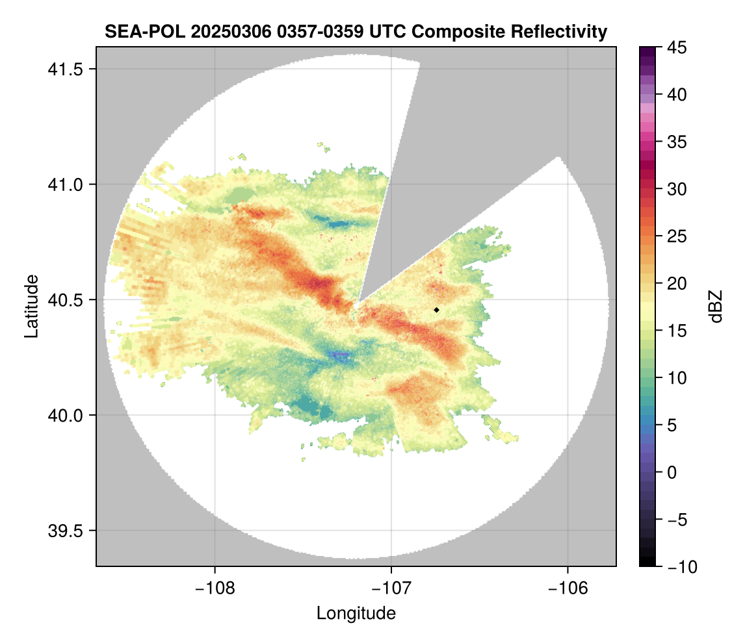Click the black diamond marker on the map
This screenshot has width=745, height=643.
[436, 310]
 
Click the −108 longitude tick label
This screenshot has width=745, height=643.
[214, 588]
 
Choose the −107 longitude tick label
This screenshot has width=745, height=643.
[391, 588]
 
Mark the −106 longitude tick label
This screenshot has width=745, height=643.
[568, 588]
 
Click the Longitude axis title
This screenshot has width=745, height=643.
[356, 612]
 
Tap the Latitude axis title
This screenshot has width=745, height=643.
[31, 306]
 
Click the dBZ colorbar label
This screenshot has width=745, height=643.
[715, 306]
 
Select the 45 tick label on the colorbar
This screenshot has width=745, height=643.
[679, 47]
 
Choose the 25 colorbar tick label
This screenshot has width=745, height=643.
[679, 236]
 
